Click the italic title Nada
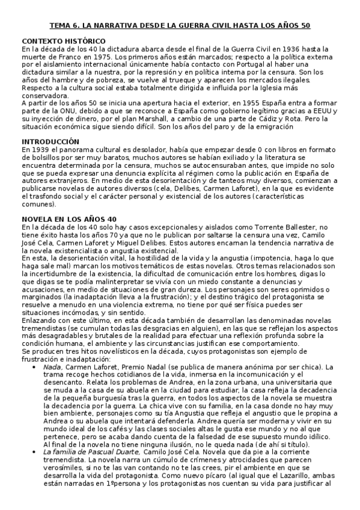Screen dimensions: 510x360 (x=52, y=367)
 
